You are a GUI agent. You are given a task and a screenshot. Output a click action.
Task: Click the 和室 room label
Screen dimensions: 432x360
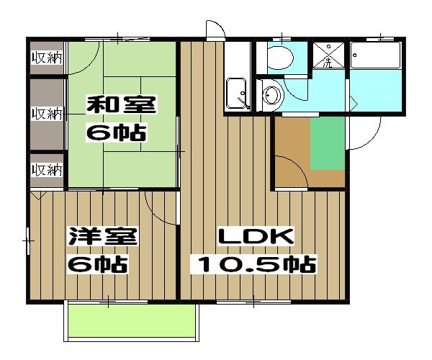(x=122, y=104)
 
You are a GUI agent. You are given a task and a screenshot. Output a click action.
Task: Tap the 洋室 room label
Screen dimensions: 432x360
(x=103, y=236)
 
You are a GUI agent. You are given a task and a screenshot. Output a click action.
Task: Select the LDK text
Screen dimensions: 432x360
(x=256, y=236)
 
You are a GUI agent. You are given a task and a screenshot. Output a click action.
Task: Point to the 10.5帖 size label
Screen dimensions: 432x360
(x=253, y=265)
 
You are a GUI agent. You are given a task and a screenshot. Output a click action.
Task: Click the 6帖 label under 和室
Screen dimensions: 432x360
(x=116, y=132)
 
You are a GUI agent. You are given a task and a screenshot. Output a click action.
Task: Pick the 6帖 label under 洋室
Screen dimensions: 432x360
(x=98, y=265)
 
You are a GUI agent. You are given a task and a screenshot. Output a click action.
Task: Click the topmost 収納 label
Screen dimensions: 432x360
(x=47, y=58)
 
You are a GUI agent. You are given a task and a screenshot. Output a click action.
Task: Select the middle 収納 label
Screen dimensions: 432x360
(x=47, y=114)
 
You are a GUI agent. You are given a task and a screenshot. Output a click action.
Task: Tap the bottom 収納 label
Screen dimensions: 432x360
(x=47, y=170)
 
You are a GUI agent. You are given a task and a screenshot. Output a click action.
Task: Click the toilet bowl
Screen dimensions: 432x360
(x=280, y=58)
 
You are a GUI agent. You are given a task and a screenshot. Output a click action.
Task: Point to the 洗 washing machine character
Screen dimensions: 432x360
(x=328, y=63)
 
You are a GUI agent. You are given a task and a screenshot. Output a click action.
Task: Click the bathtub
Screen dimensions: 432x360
(x=375, y=55)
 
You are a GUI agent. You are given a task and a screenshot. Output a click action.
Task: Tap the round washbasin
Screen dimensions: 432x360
(x=272, y=95)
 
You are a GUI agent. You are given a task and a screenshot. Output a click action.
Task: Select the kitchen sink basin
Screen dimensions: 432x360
(x=236, y=93)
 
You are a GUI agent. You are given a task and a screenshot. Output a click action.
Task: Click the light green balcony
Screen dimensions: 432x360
(x=132, y=320)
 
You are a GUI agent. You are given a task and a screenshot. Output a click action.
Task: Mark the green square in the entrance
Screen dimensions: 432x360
(x=328, y=143)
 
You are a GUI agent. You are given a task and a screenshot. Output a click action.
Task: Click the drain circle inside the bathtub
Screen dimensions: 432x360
(x=356, y=55)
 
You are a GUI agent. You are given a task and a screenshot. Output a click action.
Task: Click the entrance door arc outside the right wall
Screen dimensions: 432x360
(x=372, y=139)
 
